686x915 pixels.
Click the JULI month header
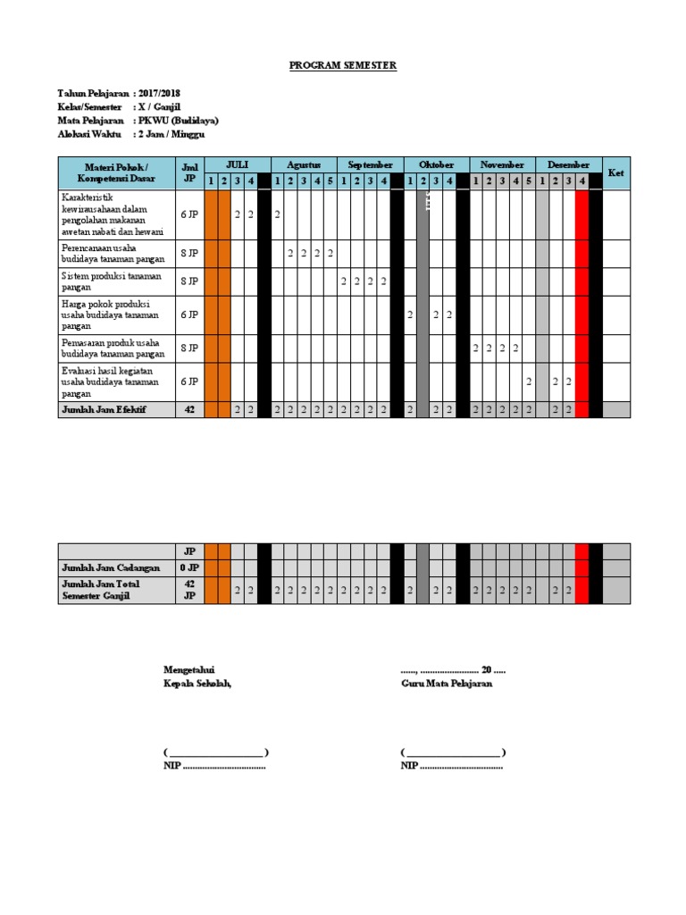click(237, 165)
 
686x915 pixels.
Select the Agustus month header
click(304, 165)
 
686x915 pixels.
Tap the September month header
click(370, 165)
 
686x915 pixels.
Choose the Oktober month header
click(436, 165)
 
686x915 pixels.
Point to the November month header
click(502, 165)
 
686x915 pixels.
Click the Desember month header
click(568, 165)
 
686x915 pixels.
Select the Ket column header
click(615, 173)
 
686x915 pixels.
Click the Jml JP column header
click(189, 173)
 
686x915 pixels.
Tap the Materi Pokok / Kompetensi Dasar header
click(116, 173)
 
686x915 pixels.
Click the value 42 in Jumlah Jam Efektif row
click(189, 409)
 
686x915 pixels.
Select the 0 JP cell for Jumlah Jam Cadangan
click(189, 568)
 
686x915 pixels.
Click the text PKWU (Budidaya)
click(178, 120)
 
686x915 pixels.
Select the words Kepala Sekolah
click(197, 684)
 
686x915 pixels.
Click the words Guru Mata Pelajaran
click(447, 684)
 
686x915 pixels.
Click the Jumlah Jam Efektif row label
click(104, 409)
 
